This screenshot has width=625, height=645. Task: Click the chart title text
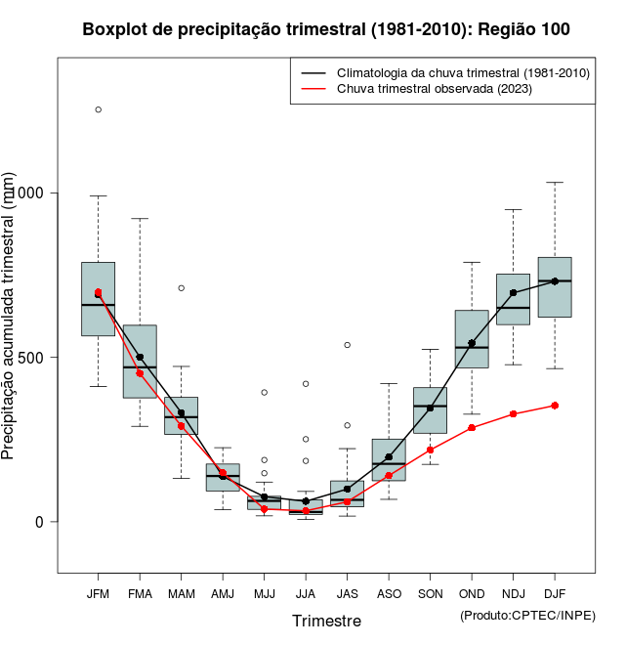point(326,29)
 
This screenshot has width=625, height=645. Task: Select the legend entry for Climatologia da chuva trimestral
point(463,73)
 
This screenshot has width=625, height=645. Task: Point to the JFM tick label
point(98,594)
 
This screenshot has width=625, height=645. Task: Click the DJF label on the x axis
point(555,594)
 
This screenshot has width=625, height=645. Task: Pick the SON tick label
point(430,594)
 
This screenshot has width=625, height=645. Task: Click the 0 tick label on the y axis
point(40,522)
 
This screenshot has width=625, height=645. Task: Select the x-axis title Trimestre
point(326,621)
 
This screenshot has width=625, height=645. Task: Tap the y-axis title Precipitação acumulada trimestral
point(10,318)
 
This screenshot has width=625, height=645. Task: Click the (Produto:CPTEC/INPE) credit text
point(527,615)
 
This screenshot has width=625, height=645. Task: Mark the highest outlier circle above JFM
point(98,109)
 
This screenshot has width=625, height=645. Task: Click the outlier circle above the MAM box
point(181,288)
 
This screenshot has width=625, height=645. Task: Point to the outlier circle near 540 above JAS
point(347,345)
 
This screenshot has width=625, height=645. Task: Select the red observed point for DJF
point(555,405)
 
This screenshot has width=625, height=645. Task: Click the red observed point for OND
point(472,428)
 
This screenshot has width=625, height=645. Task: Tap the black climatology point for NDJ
point(513,292)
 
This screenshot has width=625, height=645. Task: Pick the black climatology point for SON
point(430,408)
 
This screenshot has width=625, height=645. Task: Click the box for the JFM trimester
point(98,299)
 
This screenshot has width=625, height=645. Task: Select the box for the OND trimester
point(472,339)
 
